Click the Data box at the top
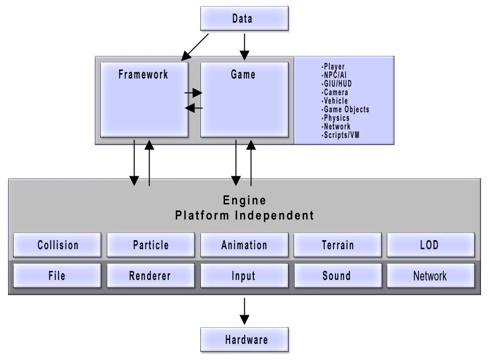click(x=244, y=19)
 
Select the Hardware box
click(x=244, y=339)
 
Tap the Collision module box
click(x=57, y=245)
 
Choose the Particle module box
click(x=151, y=245)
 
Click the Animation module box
click(x=244, y=245)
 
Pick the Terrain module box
click(x=338, y=245)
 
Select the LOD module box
click(x=431, y=245)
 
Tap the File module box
click(x=57, y=275)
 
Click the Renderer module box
click(x=151, y=275)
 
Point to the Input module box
click(x=244, y=275)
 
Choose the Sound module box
click(x=338, y=275)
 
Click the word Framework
click(x=143, y=75)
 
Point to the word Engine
click(x=245, y=200)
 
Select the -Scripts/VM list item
click(x=340, y=135)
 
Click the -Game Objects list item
click(x=345, y=109)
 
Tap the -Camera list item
click(x=334, y=92)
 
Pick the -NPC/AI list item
click(x=334, y=75)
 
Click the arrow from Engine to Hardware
click(x=245, y=311)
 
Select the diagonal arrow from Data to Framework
click(x=195, y=47)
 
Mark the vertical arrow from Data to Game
click(x=245, y=47)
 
